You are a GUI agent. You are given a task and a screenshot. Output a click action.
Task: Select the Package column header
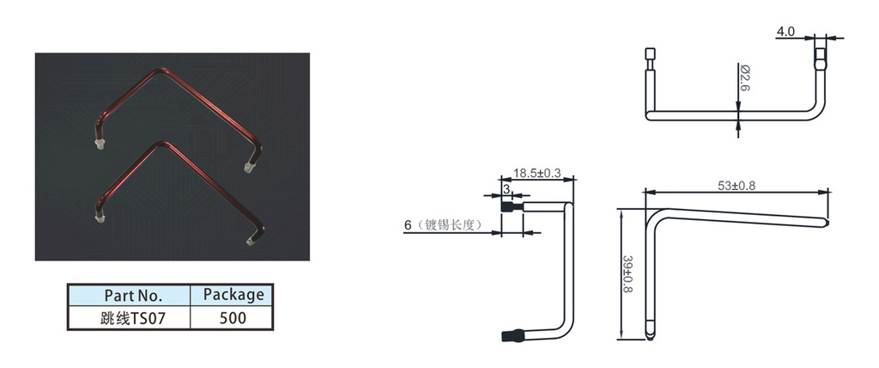tap(233, 295)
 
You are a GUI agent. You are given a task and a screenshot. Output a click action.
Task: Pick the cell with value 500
tap(233, 318)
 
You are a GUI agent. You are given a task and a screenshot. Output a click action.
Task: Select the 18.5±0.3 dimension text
tap(537, 173)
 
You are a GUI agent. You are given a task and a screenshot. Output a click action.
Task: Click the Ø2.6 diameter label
tap(745, 78)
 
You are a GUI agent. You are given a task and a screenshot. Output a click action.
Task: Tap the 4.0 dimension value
tap(786, 32)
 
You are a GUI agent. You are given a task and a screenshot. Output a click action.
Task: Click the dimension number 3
tap(506, 190)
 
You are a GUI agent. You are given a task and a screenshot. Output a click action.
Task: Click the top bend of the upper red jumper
tap(162, 71)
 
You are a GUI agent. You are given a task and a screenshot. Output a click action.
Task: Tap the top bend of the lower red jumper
tap(162, 144)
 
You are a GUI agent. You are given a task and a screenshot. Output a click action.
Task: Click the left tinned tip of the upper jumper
tap(100, 144)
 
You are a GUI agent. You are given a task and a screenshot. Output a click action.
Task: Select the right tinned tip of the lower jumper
tap(251, 241)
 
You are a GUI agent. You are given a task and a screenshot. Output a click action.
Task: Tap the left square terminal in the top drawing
tap(650, 54)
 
